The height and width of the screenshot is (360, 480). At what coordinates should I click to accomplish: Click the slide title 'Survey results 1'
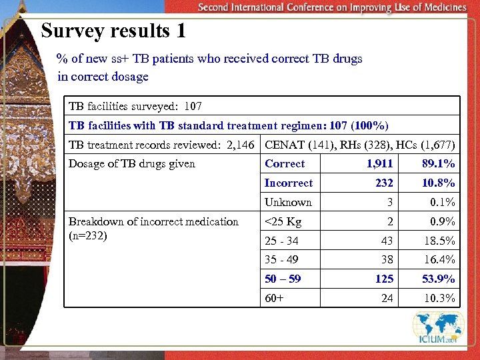pyautogui.click(x=113, y=31)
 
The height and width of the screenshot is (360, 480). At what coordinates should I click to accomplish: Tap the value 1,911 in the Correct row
pyautogui.click(x=380, y=164)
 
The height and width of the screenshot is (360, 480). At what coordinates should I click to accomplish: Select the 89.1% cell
pyautogui.click(x=439, y=164)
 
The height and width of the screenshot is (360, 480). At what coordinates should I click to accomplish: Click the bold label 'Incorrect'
pyautogui.click(x=288, y=183)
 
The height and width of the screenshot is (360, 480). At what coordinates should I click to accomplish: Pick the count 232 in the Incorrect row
pyautogui.click(x=384, y=183)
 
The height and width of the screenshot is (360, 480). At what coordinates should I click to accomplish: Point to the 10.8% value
pyautogui.click(x=439, y=183)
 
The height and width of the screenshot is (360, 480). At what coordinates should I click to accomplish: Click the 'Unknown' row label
pyautogui.click(x=288, y=203)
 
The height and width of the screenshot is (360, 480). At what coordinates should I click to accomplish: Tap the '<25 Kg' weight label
pyautogui.click(x=283, y=222)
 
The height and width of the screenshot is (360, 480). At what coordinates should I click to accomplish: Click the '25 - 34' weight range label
pyautogui.click(x=281, y=241)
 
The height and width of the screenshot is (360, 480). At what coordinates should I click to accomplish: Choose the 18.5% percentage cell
pyautogui.click(x=439, y=241)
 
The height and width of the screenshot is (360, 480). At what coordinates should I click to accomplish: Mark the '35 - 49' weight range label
pyautogui.click(x=281, y=260)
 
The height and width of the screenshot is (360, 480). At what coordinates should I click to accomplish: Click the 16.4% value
pyautogui.click(x=439, y=260)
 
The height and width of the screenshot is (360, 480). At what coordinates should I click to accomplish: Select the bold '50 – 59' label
pyautogui.click(x=283, y=279)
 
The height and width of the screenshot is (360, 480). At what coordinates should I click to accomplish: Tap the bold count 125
pyautogui.click(x=384, y=279)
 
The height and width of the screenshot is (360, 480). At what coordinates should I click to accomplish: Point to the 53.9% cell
pyautogui.click(x=439, y=279)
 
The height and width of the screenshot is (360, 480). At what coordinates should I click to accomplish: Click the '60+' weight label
pyautogui.click(x=274, y=298)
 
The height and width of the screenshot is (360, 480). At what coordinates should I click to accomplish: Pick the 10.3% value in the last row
pyautogui.click(x=439, y=298)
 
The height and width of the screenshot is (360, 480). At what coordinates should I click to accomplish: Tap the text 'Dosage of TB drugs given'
pyautogui.click(x=132, y=164)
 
